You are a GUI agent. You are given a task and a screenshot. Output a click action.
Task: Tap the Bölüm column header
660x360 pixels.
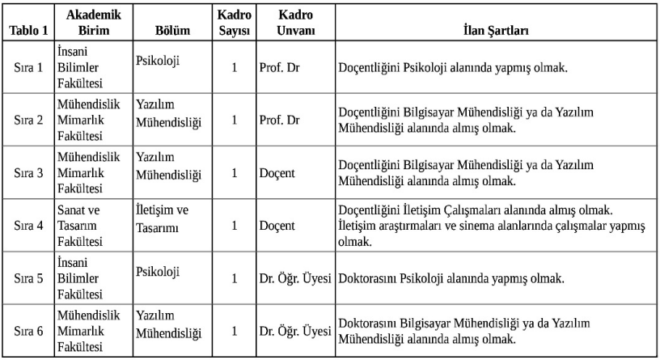pyautogui.click(x=171, y=32)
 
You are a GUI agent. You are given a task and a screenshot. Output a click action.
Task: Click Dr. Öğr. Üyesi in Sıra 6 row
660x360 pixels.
pyautogui.click(x=296, y=331)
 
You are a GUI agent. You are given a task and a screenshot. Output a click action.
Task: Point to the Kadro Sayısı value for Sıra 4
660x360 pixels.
pyautogui.click(x=234, y=226)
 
